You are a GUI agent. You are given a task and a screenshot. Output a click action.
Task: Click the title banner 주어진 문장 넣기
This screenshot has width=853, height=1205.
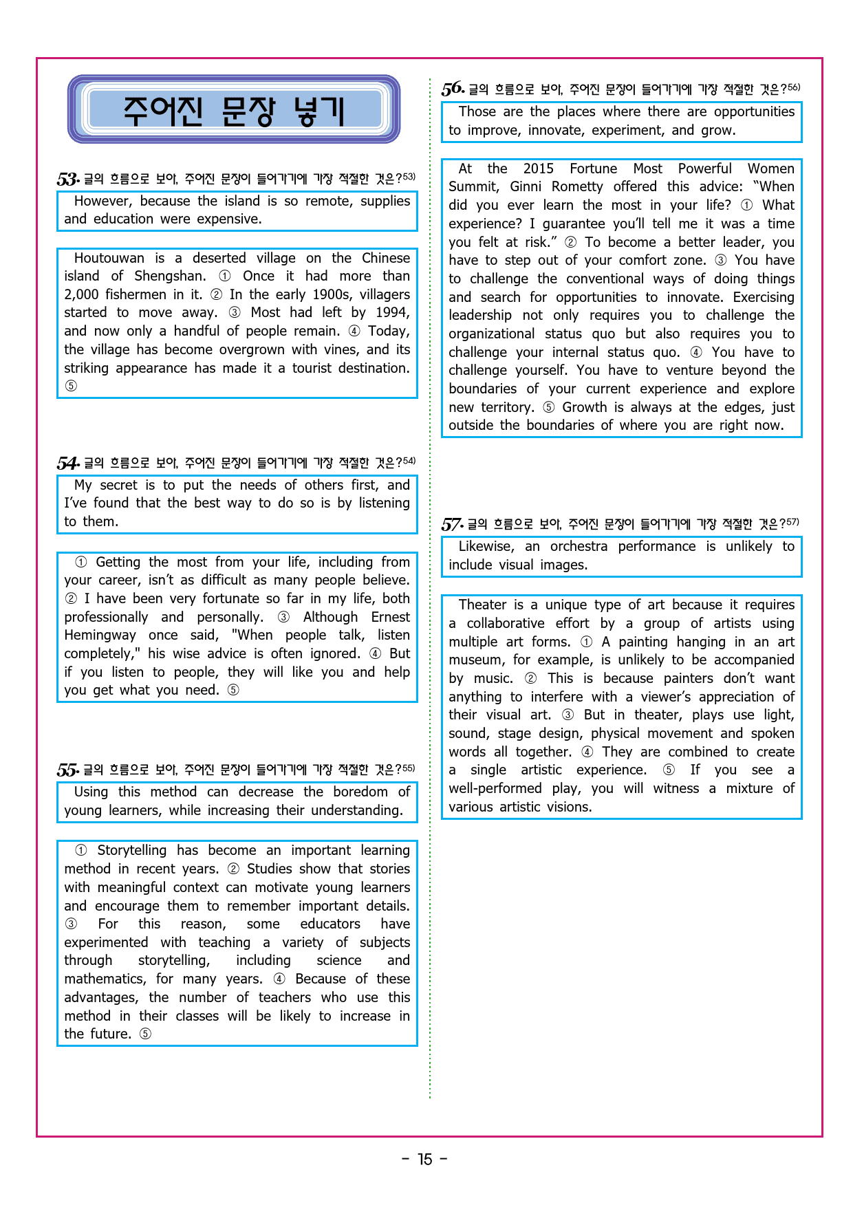click(233, 110)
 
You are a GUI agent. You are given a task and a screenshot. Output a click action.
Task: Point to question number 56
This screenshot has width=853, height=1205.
click(453, 89)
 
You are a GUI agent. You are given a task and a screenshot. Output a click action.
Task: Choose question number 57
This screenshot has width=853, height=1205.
click(451, 525)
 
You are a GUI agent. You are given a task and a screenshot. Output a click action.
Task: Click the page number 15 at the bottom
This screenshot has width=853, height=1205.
click(425, 1160)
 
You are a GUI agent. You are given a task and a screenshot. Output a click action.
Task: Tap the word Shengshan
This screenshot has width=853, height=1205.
click(169, 276)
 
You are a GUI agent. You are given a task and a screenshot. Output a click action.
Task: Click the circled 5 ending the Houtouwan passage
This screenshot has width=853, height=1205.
click(71, 387)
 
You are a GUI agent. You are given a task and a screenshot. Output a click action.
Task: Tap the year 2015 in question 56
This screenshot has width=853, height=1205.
click(538, 169)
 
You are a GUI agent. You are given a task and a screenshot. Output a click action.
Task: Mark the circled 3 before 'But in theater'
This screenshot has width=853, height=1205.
click(568, 715)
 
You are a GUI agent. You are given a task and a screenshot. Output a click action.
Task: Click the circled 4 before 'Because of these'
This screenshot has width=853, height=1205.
click(279, 979)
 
